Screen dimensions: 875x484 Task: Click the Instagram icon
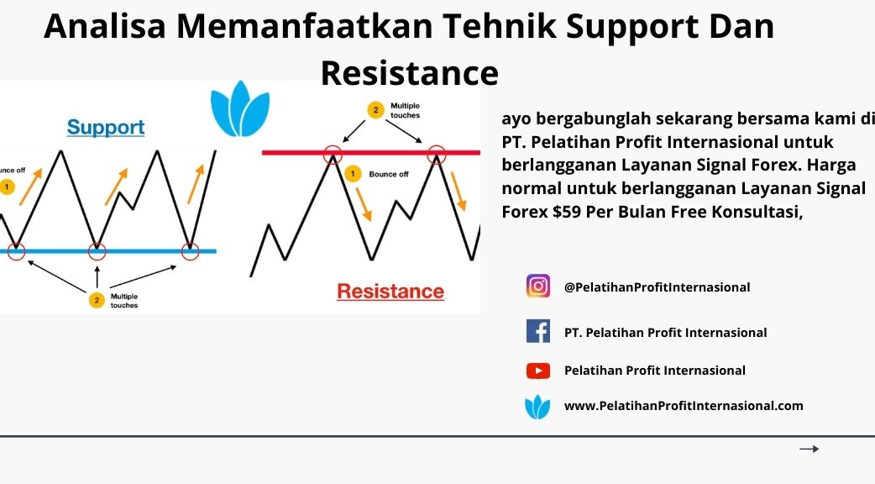(x=538, y=286)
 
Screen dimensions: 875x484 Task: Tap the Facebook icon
(x=538, y=331)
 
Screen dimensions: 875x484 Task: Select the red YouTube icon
(x=538, y=371)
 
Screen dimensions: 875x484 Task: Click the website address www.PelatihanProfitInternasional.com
(x=684, y=406)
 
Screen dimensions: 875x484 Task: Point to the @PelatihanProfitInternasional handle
(x=657, y=287)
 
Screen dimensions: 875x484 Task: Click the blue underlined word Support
(x=106, y=127)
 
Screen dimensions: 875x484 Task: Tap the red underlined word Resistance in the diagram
(x=390, y=291)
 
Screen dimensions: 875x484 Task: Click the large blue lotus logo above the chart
(x=240, y=109)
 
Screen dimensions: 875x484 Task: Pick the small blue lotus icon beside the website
(x=537, y=407)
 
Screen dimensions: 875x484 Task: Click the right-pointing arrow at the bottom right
(x=810, y=449)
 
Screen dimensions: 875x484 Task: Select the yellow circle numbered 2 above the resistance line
(x=375, y=110)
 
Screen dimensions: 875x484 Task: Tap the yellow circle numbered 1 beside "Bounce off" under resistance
(x=353, y=174)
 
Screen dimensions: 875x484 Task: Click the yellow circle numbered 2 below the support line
(x=97, y=300)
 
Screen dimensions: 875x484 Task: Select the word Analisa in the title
(x=105, y=26)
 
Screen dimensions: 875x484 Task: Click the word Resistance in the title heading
(x=410, y=73)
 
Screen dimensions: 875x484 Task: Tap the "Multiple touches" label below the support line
(x=124, y=301)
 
